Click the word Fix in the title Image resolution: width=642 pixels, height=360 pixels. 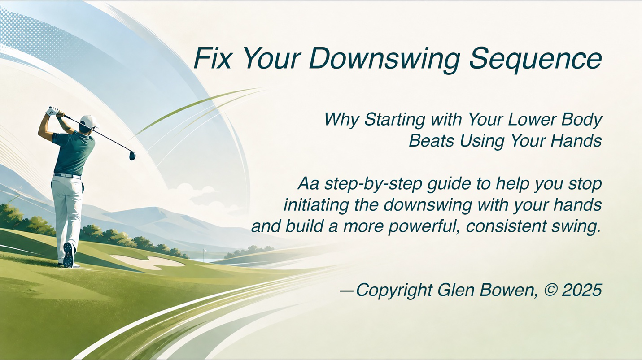click(212, 58)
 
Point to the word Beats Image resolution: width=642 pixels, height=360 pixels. click(431, 141)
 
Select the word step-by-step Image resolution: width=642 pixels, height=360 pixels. click(373, 185)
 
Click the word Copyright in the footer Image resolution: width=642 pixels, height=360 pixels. click(394, 291)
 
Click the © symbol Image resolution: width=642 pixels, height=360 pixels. click(550, 290)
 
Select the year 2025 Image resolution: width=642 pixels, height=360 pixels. click(582, 290)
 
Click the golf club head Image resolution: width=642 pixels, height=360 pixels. click(132, 156)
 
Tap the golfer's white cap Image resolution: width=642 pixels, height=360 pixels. click(89, 121)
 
